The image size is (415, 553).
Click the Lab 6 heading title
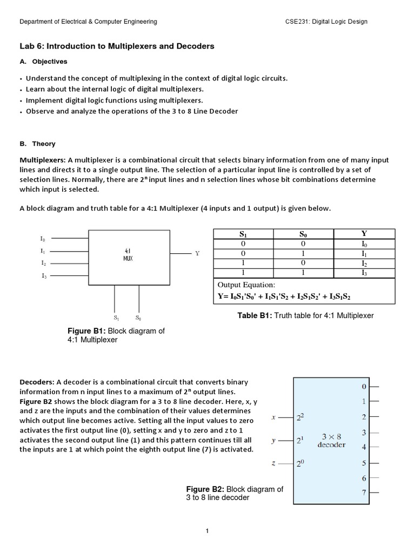coord(117,46)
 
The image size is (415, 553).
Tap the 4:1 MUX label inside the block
coord(128,254)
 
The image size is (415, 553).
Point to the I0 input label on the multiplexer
coord(43,238)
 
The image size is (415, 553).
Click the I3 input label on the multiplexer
coord(43,276)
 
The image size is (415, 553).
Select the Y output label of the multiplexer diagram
coord(197,253)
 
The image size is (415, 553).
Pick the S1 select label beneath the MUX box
coord(117,318)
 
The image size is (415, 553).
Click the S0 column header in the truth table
coord(303,234)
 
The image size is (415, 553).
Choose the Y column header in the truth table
coord(364,234)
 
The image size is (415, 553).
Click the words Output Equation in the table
coord(246,285)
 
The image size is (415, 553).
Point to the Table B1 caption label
coord(255,315)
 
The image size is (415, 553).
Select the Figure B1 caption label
coord(86,331)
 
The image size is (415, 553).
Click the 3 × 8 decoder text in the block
coord(331,441)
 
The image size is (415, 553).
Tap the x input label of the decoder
coord(274,417)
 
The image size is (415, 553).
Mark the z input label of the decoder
coord(274,463)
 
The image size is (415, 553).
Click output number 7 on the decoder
coord(364,493)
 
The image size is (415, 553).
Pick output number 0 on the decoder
coord(364,387)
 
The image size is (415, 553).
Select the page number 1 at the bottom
coord(207,531)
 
